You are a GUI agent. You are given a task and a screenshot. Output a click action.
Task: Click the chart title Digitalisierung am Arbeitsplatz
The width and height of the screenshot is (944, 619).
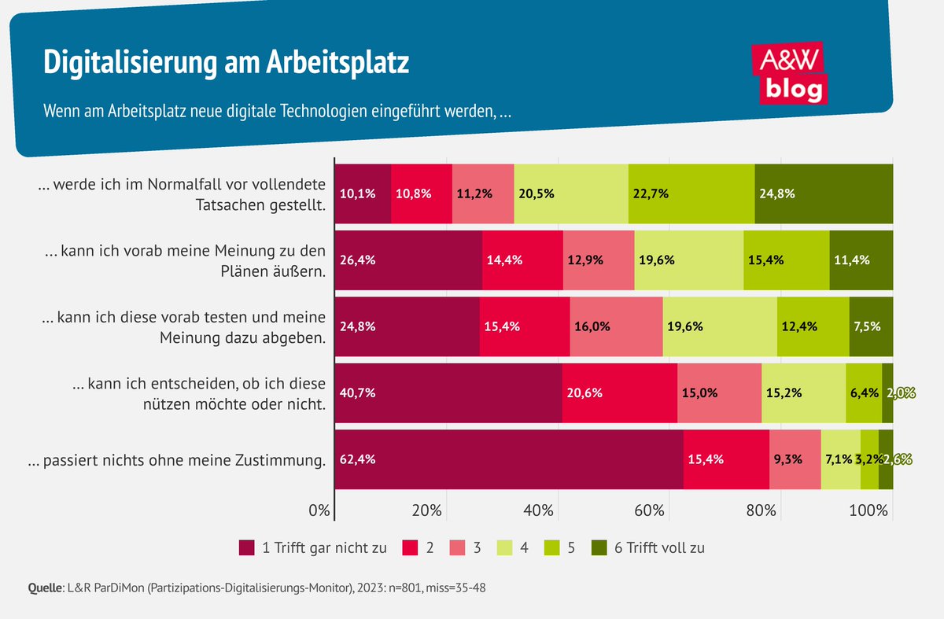[x=226, y=63]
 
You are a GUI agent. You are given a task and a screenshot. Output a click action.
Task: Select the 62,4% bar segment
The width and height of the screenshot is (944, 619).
[x=508, y=459]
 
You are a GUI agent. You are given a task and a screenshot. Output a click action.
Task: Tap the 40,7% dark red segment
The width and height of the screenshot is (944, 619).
[x=448, y=393]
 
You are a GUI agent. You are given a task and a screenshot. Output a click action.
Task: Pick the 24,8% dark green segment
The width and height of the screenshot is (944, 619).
[x=823, y=193]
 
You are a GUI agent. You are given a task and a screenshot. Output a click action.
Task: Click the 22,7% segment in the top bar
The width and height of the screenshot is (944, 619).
[x=691, y=193]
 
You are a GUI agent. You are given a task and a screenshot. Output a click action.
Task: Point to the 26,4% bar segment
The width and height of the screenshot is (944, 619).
[x=408, y=260]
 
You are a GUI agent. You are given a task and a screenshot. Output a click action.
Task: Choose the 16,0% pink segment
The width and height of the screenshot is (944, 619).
[x=616, y=326]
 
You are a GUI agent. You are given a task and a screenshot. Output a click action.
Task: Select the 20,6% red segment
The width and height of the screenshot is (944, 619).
[x=619, y=393]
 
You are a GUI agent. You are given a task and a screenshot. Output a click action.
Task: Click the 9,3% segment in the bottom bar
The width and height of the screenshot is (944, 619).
[x=795, y=459]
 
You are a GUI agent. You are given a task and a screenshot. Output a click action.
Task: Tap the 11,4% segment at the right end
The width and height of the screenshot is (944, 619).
[x=861, y=260]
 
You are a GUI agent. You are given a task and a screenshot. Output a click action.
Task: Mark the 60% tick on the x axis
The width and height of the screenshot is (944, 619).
[x=651, y=510]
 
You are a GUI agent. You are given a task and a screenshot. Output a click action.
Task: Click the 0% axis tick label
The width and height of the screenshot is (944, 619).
[x=319, y=510]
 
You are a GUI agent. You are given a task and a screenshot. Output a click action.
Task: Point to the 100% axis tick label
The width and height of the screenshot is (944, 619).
[x=868, y=510]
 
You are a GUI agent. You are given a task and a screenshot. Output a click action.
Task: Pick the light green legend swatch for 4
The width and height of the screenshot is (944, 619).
[x=505, y=547]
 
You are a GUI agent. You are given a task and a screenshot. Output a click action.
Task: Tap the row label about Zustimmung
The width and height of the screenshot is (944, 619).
[x=177, y=461]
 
